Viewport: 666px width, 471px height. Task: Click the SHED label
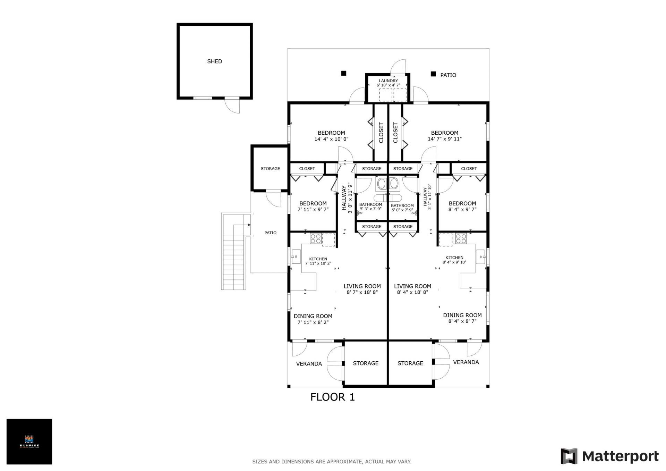point(214,61)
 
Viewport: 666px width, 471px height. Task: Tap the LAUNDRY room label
point(388,81)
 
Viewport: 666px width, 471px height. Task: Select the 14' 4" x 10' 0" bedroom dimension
point(331,139)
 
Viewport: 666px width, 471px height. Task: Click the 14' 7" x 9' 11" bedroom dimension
point(444,139)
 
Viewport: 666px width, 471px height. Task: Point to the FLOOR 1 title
point(332,397)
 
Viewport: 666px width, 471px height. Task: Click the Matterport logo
point(609,456)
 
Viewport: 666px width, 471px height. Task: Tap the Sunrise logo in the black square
point(29,441)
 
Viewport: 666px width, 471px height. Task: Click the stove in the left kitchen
point(316,239)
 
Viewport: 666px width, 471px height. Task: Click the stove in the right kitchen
point(461,239)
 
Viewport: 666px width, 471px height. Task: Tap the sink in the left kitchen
point(296,257)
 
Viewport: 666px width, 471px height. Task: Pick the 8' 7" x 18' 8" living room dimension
point(362,292)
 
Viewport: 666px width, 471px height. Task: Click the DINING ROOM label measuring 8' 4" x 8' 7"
point(462,315)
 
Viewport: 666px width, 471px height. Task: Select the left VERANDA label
point(309,364)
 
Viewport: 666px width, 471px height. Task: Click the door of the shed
point(232,105)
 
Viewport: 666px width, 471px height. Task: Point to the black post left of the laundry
point(343,73)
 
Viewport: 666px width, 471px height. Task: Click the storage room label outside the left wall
point(270,169)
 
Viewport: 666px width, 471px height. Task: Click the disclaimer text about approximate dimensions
point(332,462)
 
